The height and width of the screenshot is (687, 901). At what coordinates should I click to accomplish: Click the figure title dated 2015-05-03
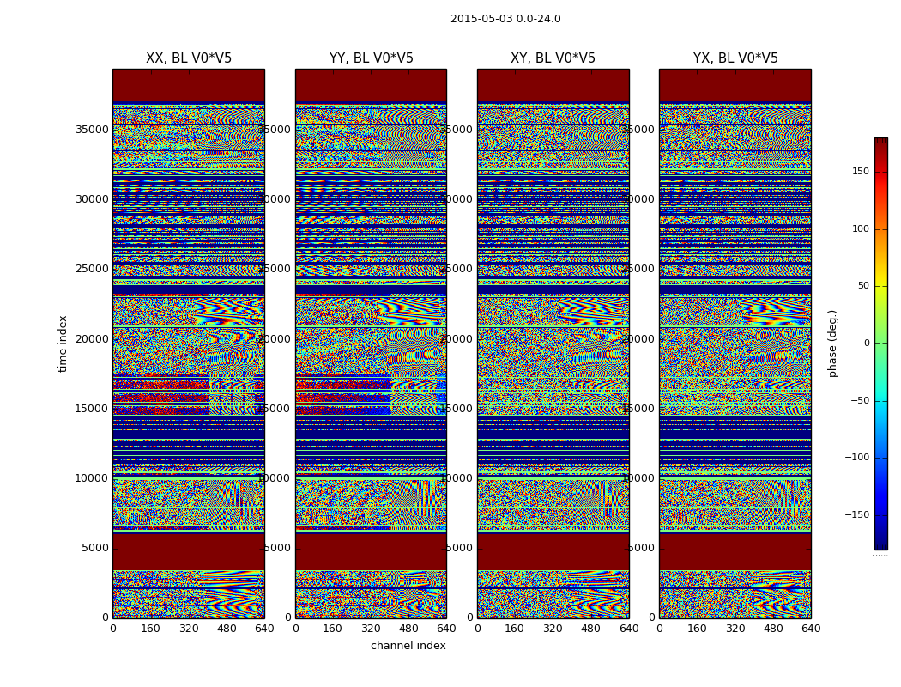pyautogui.click(x=505, y=19)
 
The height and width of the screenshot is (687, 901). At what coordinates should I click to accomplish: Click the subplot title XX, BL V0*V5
pyautogui.click(x=189, y=58)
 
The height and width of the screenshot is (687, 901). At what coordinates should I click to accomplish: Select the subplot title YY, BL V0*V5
pyautogui.click(x=371, y=58)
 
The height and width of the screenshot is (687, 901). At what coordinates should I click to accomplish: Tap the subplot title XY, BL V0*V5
pyautogui.click(x=553, y=58)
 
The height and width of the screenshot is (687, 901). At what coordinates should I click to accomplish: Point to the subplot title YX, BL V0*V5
pyautogui.click(x=735, y=58)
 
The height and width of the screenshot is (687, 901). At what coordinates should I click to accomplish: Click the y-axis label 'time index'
pyautogui.click(x=63, y=343)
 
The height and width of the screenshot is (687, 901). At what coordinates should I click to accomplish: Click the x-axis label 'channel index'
pyautogui.click(x=408, y=646)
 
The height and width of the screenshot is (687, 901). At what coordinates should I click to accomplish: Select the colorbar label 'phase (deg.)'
pyautogui.click(x=832, y=343)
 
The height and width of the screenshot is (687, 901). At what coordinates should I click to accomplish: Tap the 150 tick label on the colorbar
pyautogui.click(x=860, y=172)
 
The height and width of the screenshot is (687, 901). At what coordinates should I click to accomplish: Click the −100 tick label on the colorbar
pyautogui.click(x=858, y=458)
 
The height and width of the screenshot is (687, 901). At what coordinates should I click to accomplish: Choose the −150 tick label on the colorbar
pyautogui.click(x=858, y=515)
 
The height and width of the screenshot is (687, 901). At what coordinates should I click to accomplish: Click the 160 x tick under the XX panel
pyautogui.click(x=151, y=629)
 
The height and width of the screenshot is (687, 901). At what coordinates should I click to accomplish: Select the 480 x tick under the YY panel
pyautogui.click(x=408, y=629)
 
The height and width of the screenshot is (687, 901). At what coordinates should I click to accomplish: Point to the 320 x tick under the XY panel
pyautogui.click(x=553, y=629)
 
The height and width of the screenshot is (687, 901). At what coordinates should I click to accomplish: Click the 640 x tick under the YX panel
pyautogui.click(x=811, y=629)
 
